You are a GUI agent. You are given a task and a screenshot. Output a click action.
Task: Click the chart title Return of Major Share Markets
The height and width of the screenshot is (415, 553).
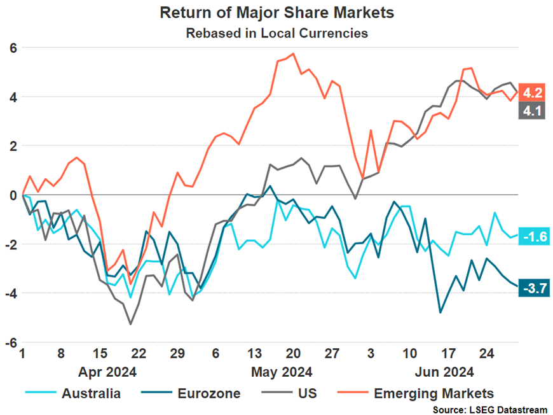276,13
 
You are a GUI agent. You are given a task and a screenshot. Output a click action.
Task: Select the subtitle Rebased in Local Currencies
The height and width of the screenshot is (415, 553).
276,33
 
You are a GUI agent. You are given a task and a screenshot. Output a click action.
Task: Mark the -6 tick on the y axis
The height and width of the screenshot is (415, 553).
11,342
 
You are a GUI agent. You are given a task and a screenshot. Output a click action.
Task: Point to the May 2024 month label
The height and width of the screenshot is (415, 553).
282,371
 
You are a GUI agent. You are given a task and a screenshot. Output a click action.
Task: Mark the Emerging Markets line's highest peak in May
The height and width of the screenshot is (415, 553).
292,53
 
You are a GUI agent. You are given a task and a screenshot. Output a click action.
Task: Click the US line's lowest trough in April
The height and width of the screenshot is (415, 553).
131,324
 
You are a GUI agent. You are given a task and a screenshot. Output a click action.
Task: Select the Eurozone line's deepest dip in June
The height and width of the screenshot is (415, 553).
440,313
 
